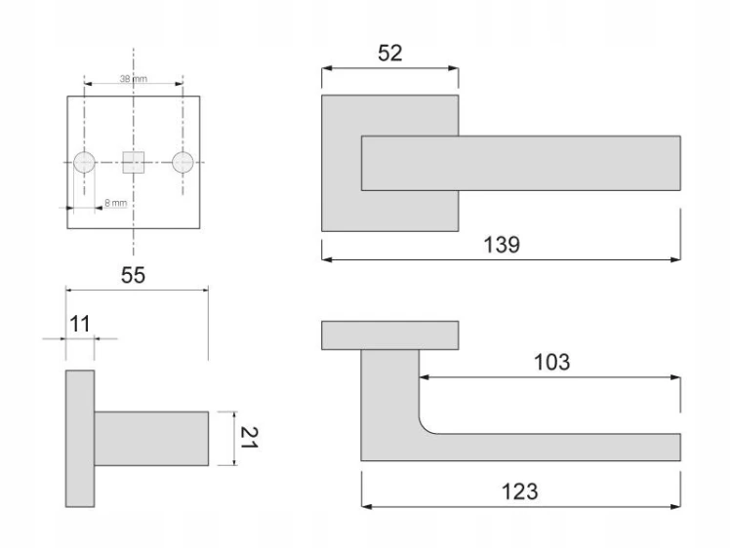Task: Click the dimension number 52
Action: [x=389, y=54]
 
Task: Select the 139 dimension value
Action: [x=502, y=245]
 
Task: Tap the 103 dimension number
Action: [x=551, y=363]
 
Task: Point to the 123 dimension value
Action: [x=519, y=491]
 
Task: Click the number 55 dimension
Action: [x=133, y=275]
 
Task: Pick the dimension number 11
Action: [x=79, y=324]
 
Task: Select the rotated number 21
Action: [x=248, y=438]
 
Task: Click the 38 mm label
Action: [x=134, y=79]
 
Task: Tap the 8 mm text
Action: [x=116, y=203]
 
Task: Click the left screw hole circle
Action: [x=85, y=162]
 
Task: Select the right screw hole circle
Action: [x=183, y=162]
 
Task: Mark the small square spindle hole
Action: [x=134, y=162]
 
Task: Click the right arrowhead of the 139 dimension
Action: [x=675, y=259]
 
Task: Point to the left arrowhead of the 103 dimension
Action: [x=425, y=376]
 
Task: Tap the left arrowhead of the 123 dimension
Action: [x=367, y=506]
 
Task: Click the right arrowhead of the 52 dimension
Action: [x=453, y=68]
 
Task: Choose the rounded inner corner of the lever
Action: [x=426, y=426]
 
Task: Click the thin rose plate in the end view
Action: [x=80, y=439]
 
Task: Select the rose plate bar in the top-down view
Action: [x=389, y=335]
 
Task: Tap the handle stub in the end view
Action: [x=151, y=439]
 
